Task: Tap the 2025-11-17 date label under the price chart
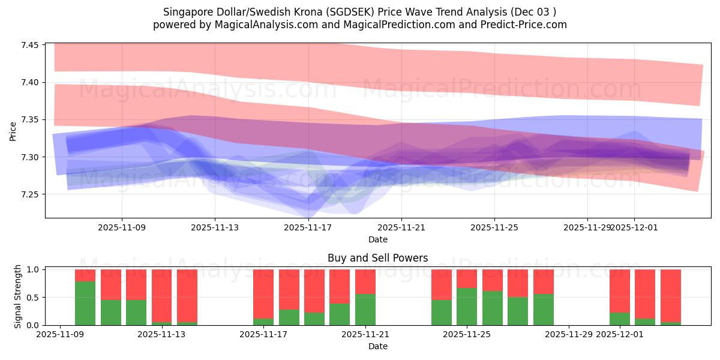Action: coord(308,227)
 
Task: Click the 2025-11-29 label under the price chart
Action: coord(587,227)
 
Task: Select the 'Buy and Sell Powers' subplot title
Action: coord(377,258)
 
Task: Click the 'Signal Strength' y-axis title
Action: coord(18,297)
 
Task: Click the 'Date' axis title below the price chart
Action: coord(377,239)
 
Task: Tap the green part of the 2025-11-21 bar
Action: coord(365,310)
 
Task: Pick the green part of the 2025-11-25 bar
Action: coord(467,307)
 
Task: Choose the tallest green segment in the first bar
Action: coord(85,303)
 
